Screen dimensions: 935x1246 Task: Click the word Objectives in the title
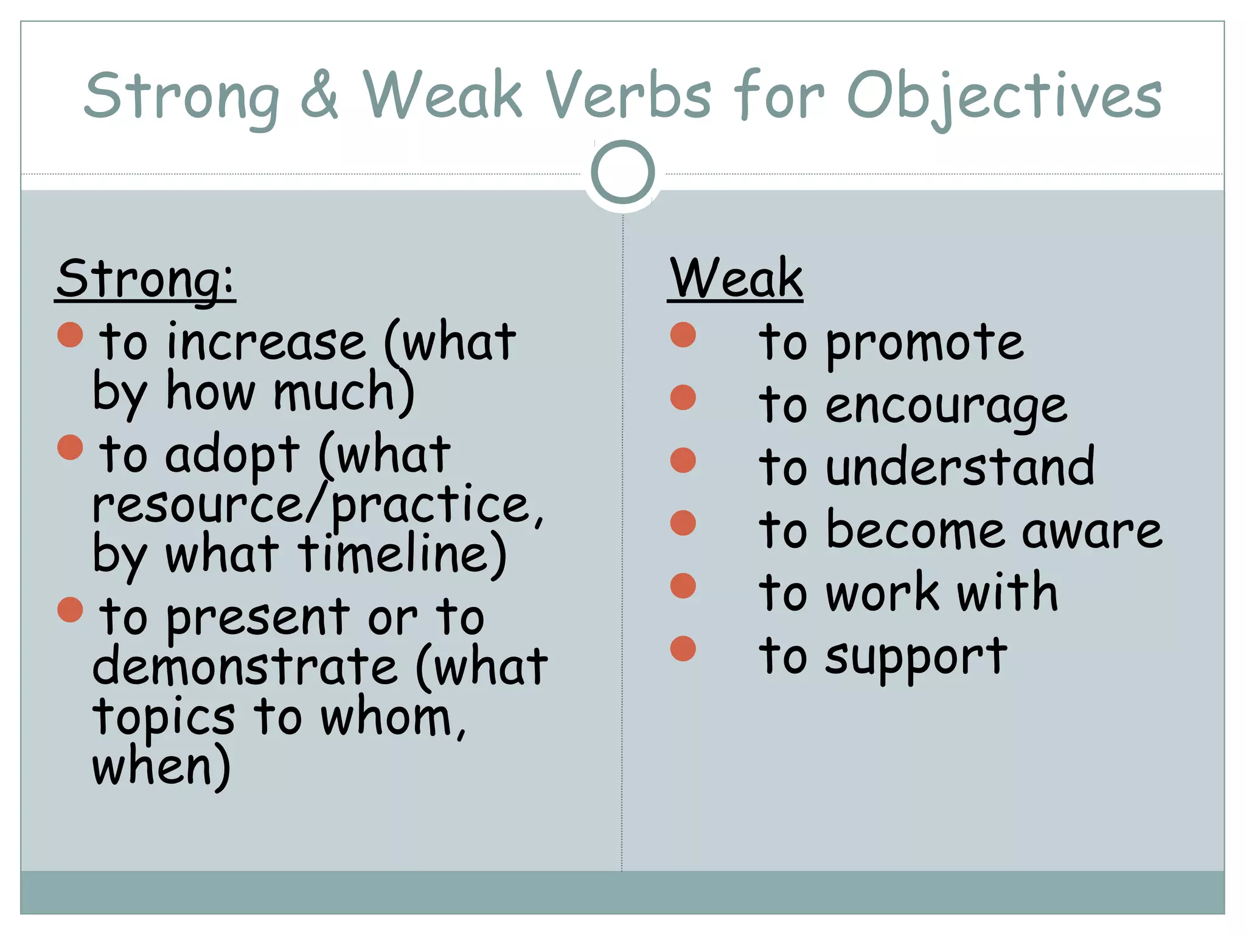click(1004, 97)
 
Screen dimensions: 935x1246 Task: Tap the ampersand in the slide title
click(319, 96)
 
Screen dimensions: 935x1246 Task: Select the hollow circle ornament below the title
click(622, 172)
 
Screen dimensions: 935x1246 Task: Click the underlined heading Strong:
click(145, 279)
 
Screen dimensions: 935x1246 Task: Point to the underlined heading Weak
click(736, 279)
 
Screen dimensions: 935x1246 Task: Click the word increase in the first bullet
click(266, 343)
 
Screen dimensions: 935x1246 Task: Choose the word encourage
click(946, 407)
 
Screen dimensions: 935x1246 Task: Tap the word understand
click(960, 467)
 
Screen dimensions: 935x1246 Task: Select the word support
click(916, 657)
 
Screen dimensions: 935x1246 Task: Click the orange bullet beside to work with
click(683, 586)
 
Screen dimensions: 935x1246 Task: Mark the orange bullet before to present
click(70, 609)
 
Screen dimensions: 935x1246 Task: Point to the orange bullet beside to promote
click(683, 335)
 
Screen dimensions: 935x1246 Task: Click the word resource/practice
click(316, 505)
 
